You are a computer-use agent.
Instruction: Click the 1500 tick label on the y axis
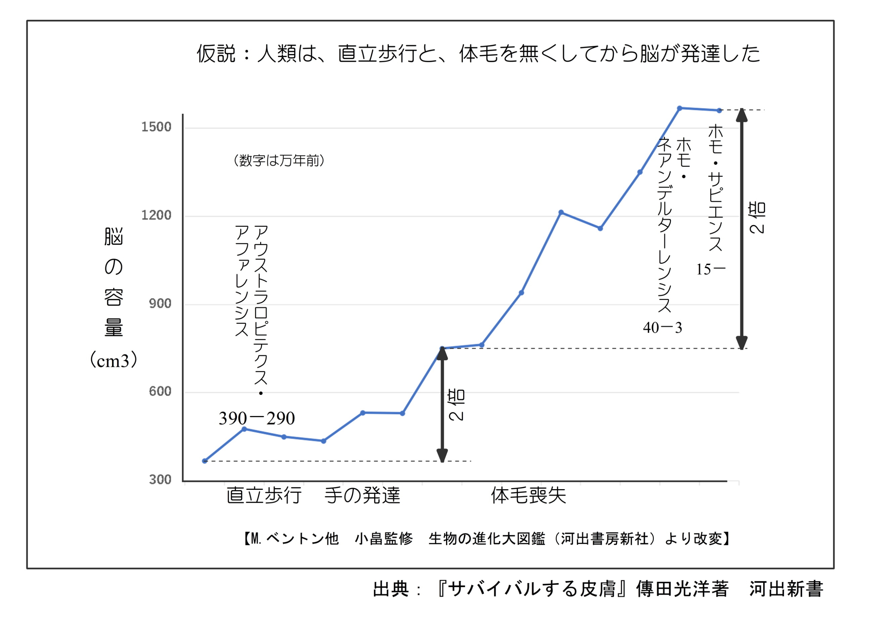click(x=156, y=127)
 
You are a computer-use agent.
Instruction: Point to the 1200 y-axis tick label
click(x=156, y=215)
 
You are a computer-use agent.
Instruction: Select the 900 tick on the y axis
click(x=160, y=304)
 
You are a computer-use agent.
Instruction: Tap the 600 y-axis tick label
click(x=160, y=391)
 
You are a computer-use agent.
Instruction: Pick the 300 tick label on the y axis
click(x=160, y=480)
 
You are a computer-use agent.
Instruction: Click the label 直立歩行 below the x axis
click(x=264, y=495)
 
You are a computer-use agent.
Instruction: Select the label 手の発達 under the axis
click(x=362, y=495)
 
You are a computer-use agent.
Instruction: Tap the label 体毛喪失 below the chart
click(x=528, y=495)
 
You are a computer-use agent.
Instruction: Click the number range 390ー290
click(x=256, y=418)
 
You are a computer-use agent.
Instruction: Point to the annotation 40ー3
click(x=662, y=328)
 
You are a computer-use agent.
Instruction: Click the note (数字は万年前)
click(x=279, y=161)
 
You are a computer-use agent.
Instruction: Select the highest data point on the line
click(x=679, y=108)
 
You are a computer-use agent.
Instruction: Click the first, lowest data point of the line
click(x=205, y=461)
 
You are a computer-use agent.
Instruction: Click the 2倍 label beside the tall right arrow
click(x=757, y=218)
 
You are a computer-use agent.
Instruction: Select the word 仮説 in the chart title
click(x=216, y=53)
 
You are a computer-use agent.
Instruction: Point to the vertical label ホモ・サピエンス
click(x=715, y=188)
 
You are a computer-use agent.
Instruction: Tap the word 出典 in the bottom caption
click(x=391, y=589)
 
